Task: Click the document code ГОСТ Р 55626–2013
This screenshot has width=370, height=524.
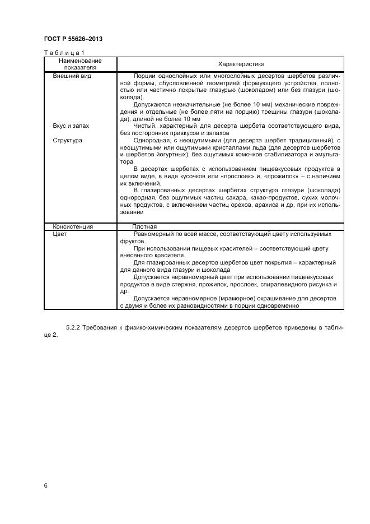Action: coord(73,39)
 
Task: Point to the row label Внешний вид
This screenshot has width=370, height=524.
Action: coord(72,76)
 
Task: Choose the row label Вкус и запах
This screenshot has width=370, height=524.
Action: coord(71,126)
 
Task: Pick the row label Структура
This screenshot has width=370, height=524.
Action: coord(67,140)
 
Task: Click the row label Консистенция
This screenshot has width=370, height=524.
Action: coord(73,226)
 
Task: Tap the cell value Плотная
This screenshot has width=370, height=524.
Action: coord(144,226)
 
